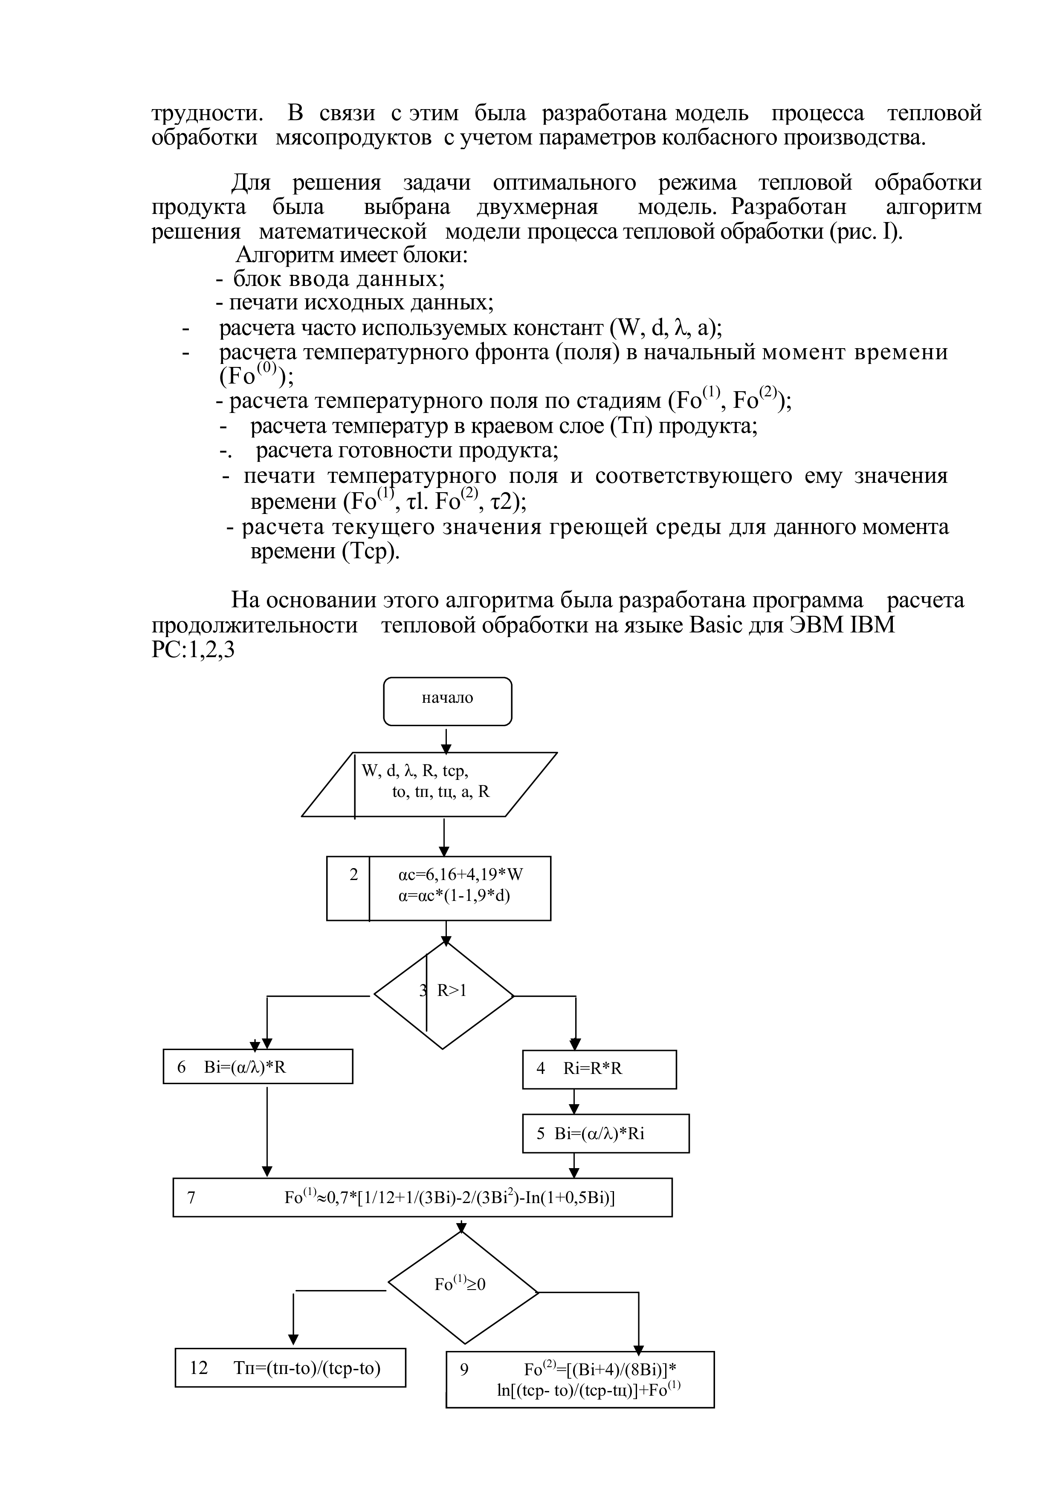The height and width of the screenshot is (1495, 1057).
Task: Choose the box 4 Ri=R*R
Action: [x=599, y=1068]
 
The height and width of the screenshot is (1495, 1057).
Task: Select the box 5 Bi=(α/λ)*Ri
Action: [x=605, y=1134]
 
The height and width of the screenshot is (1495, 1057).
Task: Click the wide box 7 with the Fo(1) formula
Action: [x=422, y=1197]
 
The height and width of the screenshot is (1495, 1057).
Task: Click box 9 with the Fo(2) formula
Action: [x=579, y=1379]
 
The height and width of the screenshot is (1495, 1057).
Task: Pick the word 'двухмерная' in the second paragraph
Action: [x=537, y=208]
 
